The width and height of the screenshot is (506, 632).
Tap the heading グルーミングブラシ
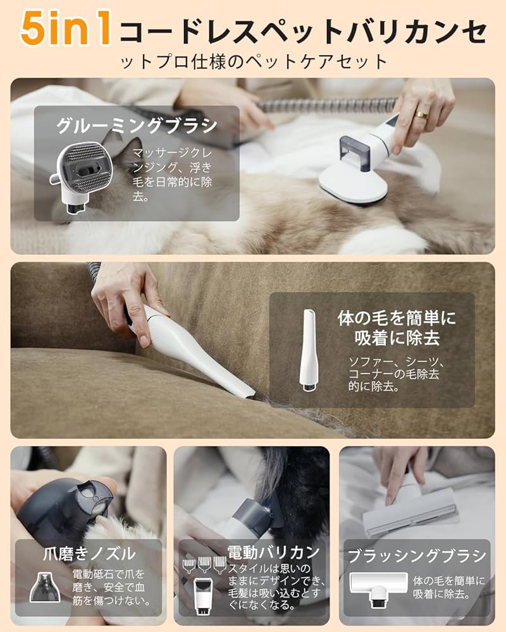tap(137, 125)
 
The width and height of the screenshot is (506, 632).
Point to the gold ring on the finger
tap(421, 114)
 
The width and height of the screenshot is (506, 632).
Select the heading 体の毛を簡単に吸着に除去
tap(397, 327)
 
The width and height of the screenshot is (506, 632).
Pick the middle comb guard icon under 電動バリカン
tap(204, 564)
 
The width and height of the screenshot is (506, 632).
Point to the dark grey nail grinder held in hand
tap(63, 506)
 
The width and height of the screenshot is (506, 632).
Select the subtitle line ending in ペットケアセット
tap(252, 62)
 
